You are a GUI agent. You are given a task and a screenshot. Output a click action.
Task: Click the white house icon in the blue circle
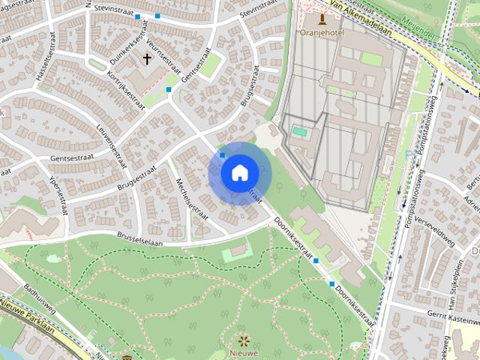238,172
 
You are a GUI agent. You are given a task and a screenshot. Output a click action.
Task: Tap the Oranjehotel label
321,32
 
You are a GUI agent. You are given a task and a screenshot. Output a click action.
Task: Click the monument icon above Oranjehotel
322,19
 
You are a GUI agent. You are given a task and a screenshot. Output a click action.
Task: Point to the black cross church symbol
147,58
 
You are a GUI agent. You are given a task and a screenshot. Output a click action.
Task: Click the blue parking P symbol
408,155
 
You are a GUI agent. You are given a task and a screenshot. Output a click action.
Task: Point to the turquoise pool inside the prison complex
300,131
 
